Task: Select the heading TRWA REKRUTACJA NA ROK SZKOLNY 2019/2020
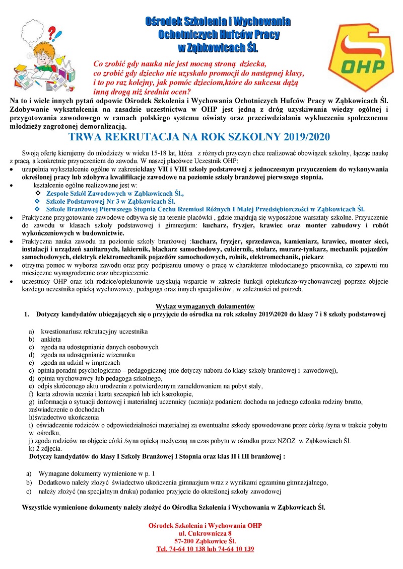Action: click(x=201, y=137)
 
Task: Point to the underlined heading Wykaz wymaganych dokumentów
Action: click(x=205, y=306)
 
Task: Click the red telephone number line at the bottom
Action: click(x=205, y=548)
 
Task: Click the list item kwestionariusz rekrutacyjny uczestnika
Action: click(x=94, y=332)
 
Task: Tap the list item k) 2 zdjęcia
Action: click(x=45, y=448)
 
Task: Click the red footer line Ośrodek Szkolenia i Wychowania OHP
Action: click(x=205, y=526)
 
